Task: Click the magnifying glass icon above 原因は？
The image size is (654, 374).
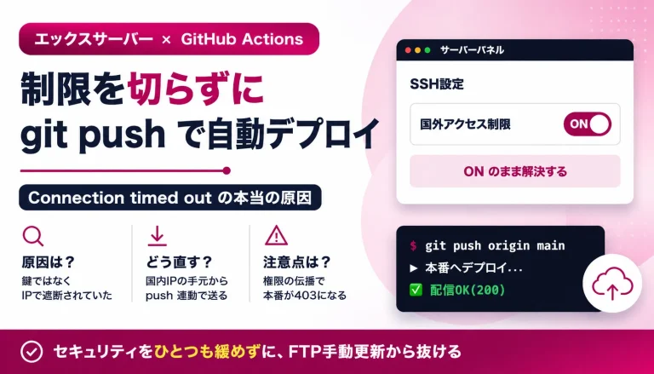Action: click(x=32, y=236)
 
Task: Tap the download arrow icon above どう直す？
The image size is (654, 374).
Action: click(x=158, y=236)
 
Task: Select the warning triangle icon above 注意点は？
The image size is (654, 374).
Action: click(x=276, y=235)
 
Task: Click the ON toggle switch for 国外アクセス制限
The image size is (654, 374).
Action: click(x=588, y=124)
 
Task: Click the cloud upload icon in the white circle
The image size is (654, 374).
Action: click(x=612, y=284)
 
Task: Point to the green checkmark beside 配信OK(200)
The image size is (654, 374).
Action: click(x=416, y=290)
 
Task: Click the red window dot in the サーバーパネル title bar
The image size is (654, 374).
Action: click(x=408, y=50)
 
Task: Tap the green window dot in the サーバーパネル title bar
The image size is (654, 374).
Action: click(x=427, y=50)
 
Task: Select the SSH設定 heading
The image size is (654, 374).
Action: click(x=437, y=83)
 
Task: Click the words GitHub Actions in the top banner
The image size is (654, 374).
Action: click(x=242, y=39)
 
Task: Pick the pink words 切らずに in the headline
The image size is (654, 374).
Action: click(x=196, y=89)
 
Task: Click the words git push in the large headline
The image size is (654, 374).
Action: click(x=93, y=134)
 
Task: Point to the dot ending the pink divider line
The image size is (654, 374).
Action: click(x=227, y=170)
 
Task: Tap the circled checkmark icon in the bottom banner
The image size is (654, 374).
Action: click(x=32, y=352)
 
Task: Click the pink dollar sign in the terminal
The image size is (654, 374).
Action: click(x=413, y=245)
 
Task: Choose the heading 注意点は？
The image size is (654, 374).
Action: click(x=296, y=262)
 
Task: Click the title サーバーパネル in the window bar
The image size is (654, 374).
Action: click(x=472, y=50)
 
